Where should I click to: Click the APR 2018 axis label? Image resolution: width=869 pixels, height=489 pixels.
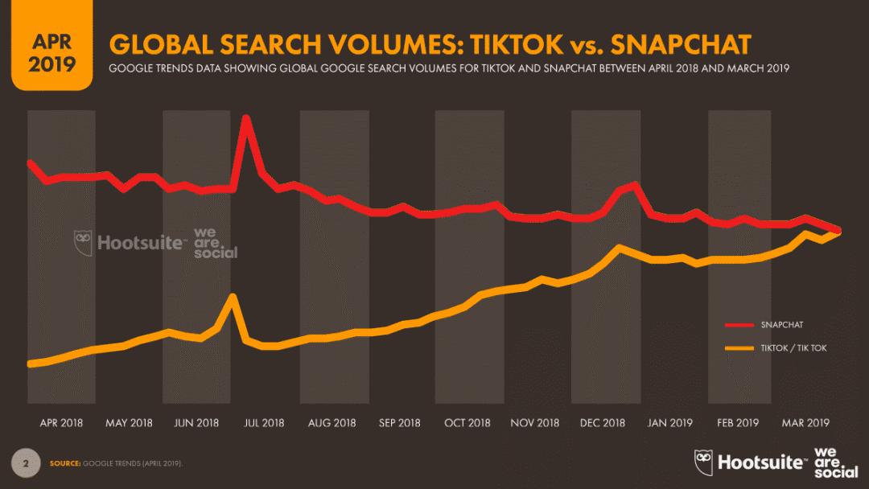[x=61, y=423]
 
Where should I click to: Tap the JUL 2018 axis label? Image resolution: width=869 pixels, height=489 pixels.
[x=264, y=423]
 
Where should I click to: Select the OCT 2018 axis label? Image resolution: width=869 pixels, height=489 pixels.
[x=467, y=423]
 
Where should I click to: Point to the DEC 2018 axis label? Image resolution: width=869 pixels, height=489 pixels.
[x=603, y=423]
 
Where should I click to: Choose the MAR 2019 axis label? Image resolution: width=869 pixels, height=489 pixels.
[x=806, y=423]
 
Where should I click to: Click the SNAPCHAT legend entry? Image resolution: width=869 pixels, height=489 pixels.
[x=781, y=325]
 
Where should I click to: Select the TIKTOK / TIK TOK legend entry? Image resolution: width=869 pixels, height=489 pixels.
[x=793, y=348]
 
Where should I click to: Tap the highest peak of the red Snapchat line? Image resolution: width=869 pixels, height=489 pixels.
[x=246, y=118]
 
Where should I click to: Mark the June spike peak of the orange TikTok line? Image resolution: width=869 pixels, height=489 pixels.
[x=233, y=296]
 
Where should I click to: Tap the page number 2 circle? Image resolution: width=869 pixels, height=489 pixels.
[x=26, y=463]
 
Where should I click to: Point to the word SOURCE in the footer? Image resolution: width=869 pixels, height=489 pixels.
[x=64, y=464]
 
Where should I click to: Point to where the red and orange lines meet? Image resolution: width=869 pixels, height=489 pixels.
[x=839, y=232]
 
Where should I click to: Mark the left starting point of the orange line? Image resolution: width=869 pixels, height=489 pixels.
[x=30, y=364]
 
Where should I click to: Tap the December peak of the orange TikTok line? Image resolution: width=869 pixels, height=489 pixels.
[x=618, y=248]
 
